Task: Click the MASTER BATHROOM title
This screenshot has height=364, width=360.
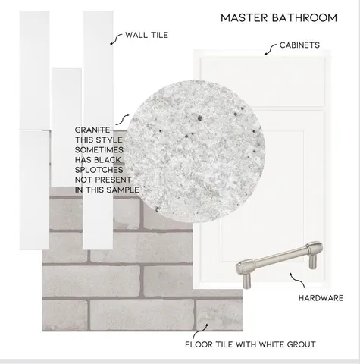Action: click(279, 18)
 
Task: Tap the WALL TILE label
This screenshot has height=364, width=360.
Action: click(146, 35)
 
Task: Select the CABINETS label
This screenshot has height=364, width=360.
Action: click(299, 45)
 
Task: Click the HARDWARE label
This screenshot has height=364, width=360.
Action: click(321, 298)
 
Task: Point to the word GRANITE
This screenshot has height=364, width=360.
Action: click(92, 130)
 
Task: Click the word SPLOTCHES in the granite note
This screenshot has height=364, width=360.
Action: click(99, 170)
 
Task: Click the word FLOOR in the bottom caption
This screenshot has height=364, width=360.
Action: click(199, 344)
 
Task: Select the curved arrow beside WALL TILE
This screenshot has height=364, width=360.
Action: click(116, 39)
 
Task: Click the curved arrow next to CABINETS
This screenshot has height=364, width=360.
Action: click(270, 49)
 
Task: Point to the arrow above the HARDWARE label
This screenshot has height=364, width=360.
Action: click(298, 281)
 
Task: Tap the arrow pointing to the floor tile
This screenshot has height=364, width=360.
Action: click(199, 331)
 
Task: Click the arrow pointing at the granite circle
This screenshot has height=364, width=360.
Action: click(123, 120)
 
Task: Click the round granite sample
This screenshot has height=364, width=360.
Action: click(195, 152)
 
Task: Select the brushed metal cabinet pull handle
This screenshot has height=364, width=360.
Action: click(279, 263)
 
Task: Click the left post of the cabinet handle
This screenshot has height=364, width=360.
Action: click(246, 280)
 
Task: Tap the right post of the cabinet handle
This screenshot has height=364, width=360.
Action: click(313, 261)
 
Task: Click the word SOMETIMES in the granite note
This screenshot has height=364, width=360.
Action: click(99, 150)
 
